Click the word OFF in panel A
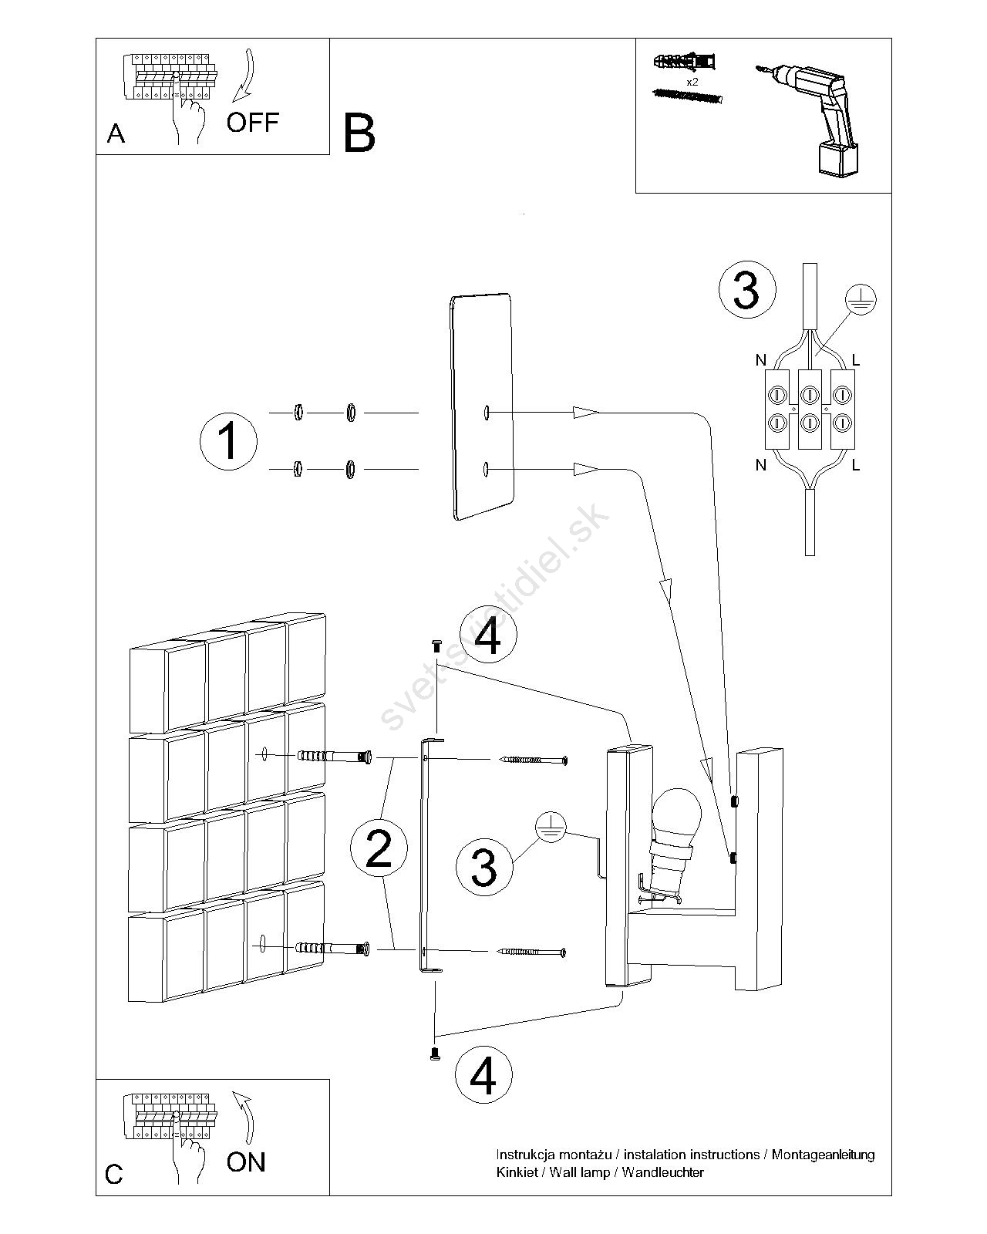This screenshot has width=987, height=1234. [252, 122]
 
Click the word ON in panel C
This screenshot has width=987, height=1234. [246, 1162]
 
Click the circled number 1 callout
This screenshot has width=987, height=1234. [227, 442]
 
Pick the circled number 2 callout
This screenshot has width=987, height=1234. [378, 848]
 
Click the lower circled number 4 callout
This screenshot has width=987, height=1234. [483, 1074]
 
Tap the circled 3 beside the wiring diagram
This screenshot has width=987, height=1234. [746, 291]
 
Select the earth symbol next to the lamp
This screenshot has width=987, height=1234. [549, 827]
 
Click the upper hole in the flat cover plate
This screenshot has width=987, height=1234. [487, 413]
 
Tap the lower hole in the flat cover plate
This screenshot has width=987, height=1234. [486, 468]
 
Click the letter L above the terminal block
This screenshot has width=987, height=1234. [856, 360]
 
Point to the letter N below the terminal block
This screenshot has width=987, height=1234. [761, 465]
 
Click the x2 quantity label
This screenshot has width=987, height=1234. [692, 80]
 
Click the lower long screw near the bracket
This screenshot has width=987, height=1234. [533, 952]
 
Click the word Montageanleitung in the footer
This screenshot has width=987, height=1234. [823, 1155]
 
